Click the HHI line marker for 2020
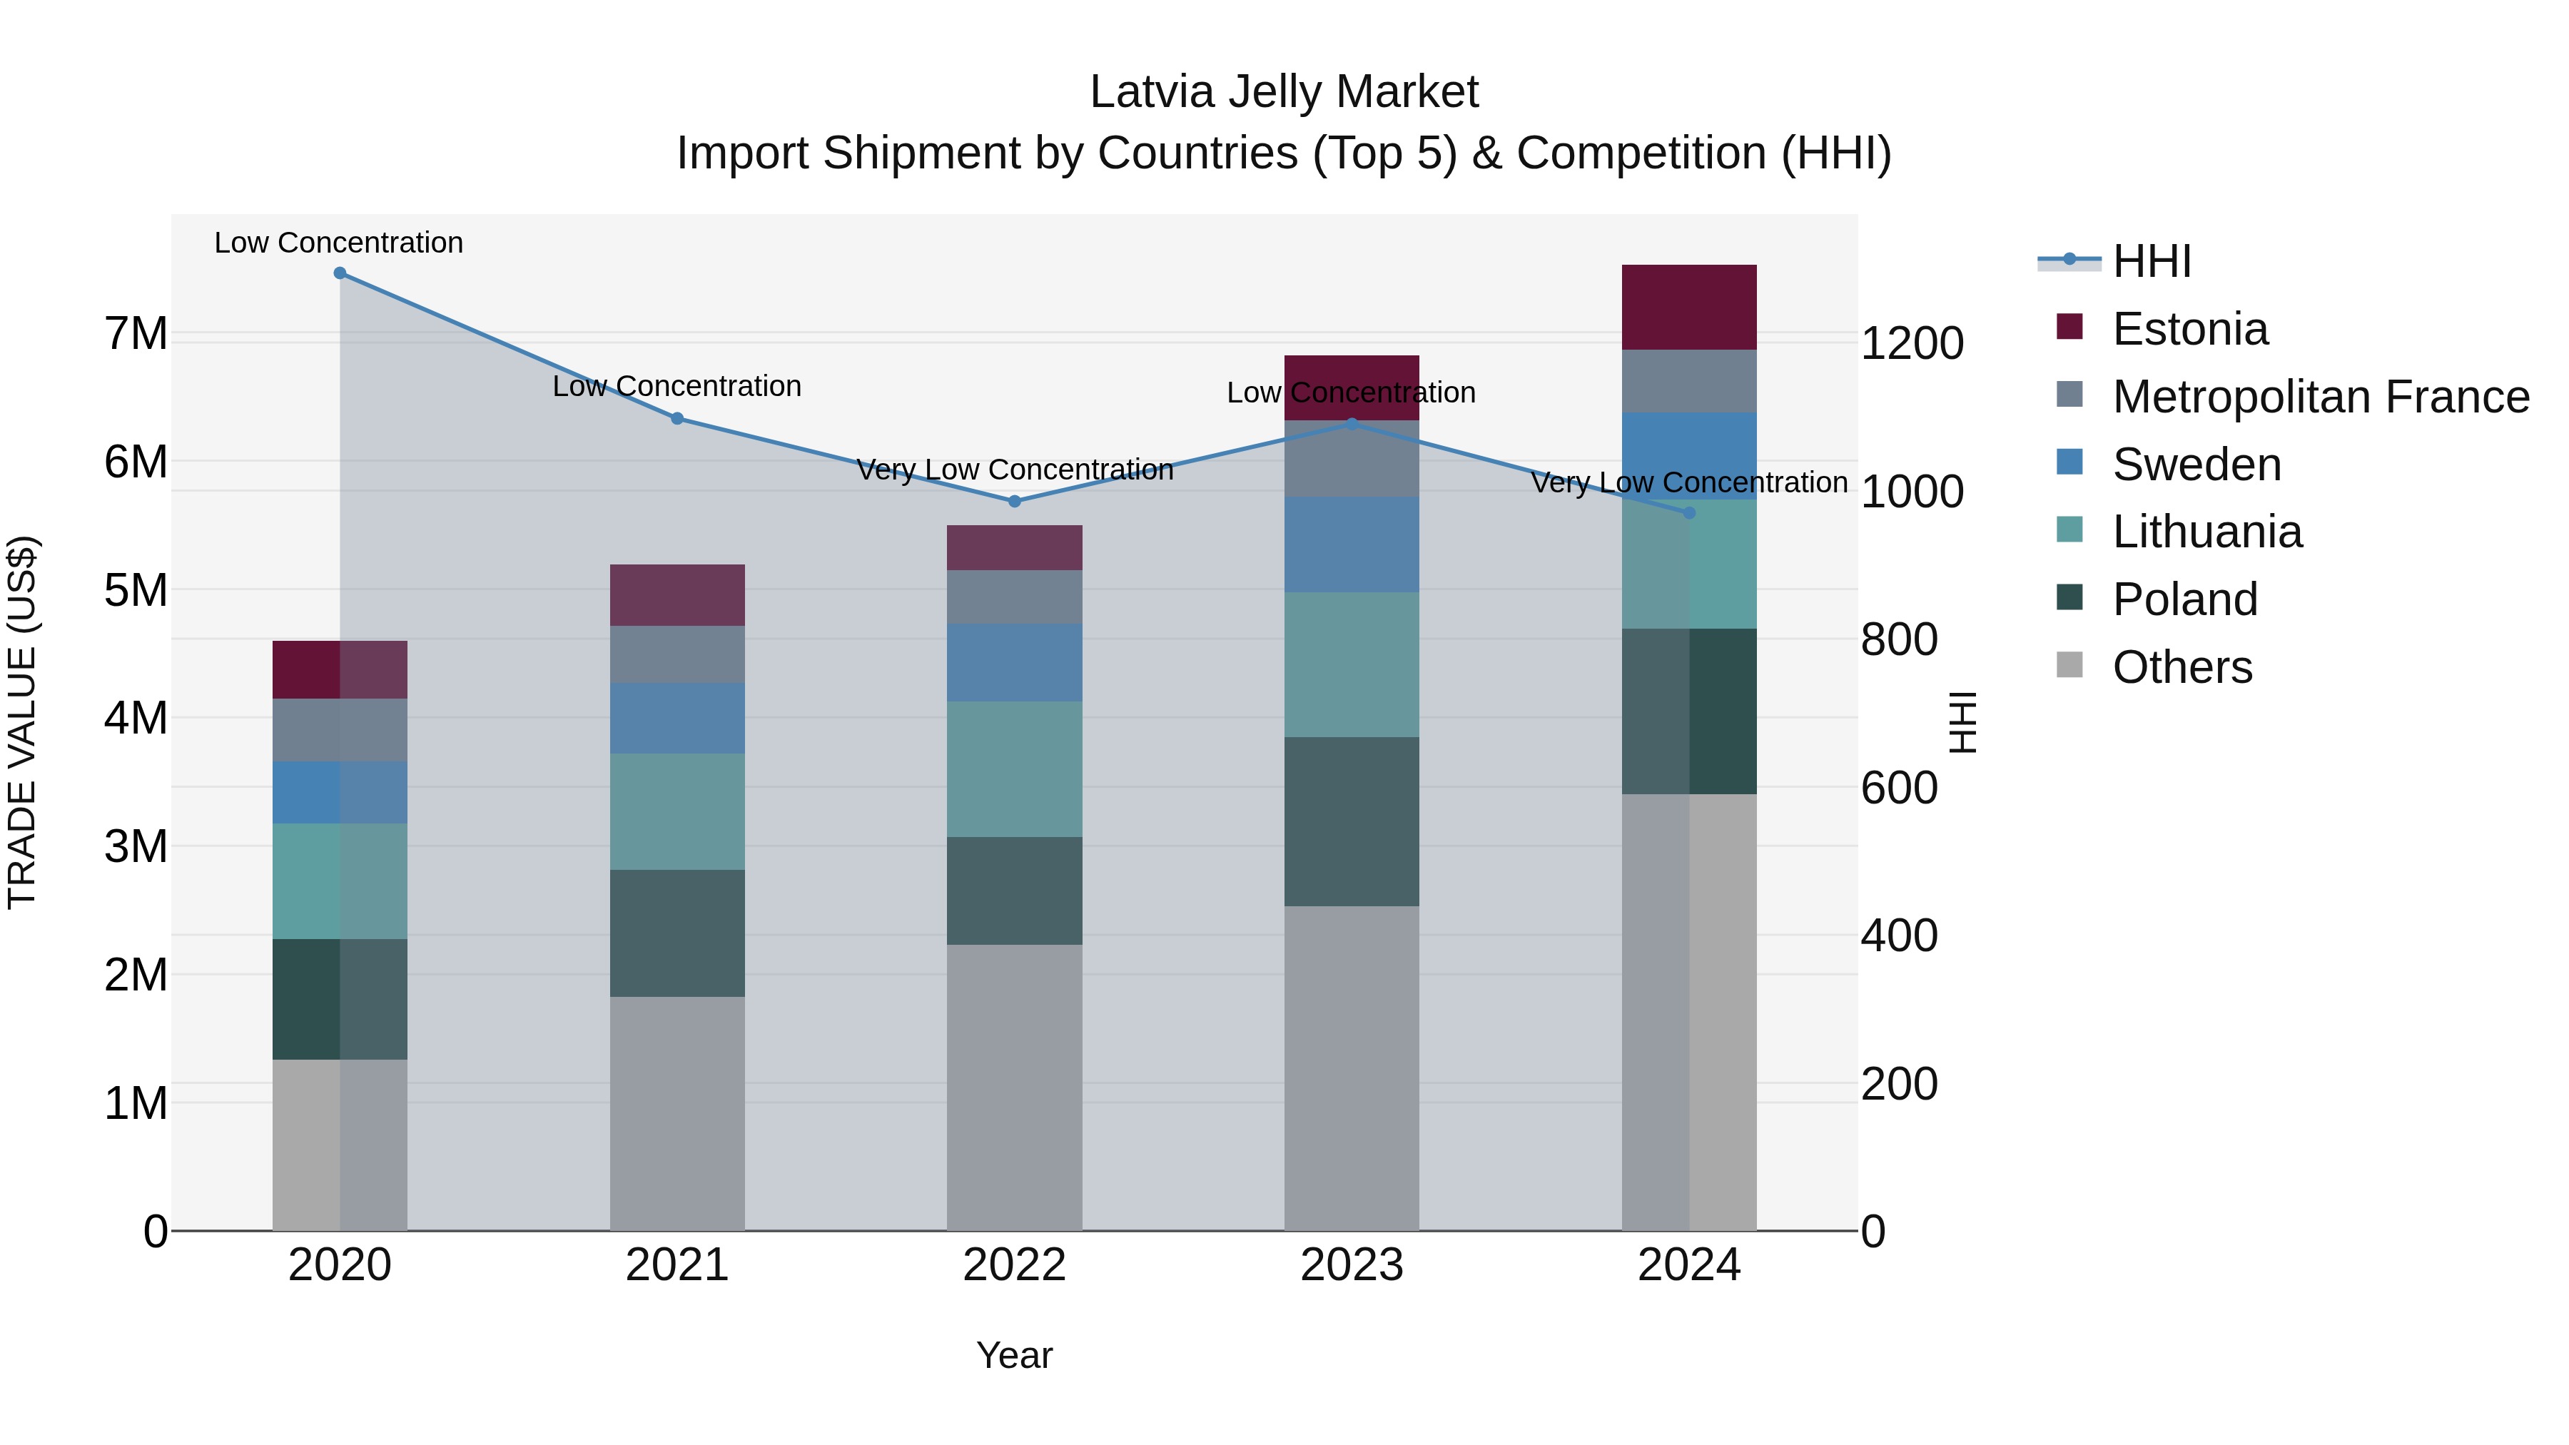(x=340, y=273)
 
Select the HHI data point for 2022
(x=1014, y=502)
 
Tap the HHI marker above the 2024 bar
(x=1688, y=512)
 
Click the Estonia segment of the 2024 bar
(x=1688, y=307)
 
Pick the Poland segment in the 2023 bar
(x=1352, y=822)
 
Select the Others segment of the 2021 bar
(x=677, y=1113)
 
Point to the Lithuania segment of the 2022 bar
(x=1014, y=769)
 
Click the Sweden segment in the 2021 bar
(x=677, y=718)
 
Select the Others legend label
(x=2182, y=667)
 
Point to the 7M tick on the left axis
(x=136, y=333)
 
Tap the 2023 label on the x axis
(x=1352, y=1265)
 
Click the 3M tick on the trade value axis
(x=136, y=846)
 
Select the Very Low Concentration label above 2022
(x=1014, y=470)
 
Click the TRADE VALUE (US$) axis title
(x=22, y=722)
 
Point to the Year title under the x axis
(x=1014, y=1355)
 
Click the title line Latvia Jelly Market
(x=1284, y=92)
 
